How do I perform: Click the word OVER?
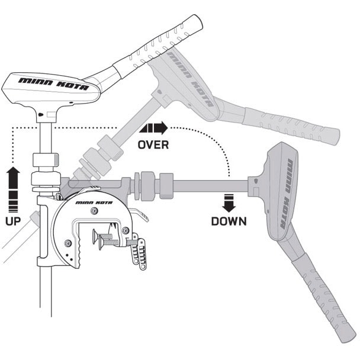153,144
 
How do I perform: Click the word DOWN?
229,221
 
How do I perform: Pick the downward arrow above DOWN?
229,202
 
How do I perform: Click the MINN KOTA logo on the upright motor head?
53,83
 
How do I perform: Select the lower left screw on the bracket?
68,244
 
